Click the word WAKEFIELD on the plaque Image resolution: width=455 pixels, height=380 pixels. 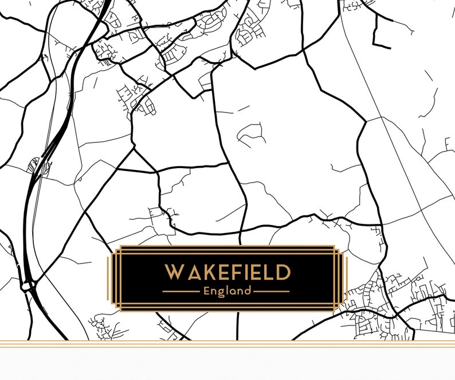pos(227,273)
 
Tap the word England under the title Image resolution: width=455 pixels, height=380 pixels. pos(227,291)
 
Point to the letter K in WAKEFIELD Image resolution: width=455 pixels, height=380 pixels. pos(206,273)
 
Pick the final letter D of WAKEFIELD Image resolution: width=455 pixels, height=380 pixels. pos(283,273)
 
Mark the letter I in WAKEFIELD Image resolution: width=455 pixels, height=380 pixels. pos(245,273)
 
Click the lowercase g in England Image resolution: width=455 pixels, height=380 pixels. pos(221,292)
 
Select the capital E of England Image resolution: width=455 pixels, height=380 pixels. pos(207,291)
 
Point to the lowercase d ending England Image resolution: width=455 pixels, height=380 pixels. pos(248,290)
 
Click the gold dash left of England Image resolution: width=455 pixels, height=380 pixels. pos(181,292)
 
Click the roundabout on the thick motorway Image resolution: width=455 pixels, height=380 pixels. pos(26,285)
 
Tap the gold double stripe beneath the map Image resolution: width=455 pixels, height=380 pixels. pos(227,344)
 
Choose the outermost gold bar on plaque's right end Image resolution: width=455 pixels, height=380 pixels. pos(346,279)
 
